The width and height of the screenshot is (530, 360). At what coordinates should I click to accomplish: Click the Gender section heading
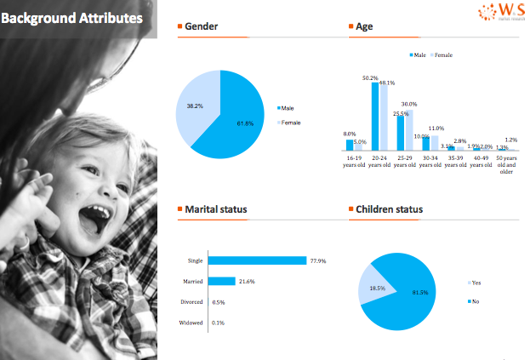[201, 26]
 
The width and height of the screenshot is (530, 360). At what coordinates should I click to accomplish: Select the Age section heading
[363, 26]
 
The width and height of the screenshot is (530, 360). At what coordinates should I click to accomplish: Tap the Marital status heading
[216, 209]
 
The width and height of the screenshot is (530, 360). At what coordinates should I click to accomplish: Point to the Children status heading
[389, 209]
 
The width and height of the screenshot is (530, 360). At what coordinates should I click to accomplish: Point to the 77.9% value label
[319, 260]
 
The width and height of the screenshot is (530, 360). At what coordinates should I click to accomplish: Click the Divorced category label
[191, 302]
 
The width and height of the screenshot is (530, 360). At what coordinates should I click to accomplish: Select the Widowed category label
[191, 323]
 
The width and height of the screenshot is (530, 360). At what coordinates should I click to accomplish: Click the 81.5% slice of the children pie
[408, 294]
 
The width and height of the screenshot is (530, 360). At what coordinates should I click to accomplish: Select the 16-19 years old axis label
[354, 162]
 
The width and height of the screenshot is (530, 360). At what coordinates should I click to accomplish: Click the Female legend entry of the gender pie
[290, 123]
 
